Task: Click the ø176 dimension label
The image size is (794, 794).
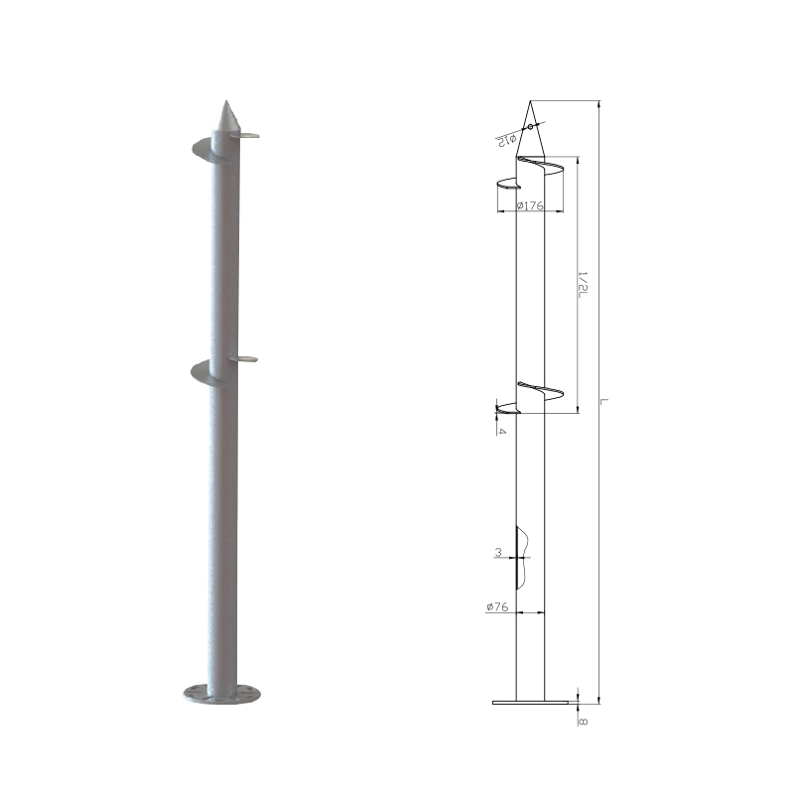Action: pos(530,205)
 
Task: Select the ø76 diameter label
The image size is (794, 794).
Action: pos(497,606)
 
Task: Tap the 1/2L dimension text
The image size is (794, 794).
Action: pos(583,285)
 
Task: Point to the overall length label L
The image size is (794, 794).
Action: pos(603,402)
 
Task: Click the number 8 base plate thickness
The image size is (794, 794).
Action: pos(584,722)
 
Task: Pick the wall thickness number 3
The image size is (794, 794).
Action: pos(498,552)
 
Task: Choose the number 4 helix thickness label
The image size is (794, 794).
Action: pos(502,432)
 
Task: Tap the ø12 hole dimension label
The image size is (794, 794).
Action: pos(506,140)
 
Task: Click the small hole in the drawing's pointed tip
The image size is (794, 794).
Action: pos(530,127)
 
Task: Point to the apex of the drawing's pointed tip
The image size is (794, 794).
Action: pos(530,101)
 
